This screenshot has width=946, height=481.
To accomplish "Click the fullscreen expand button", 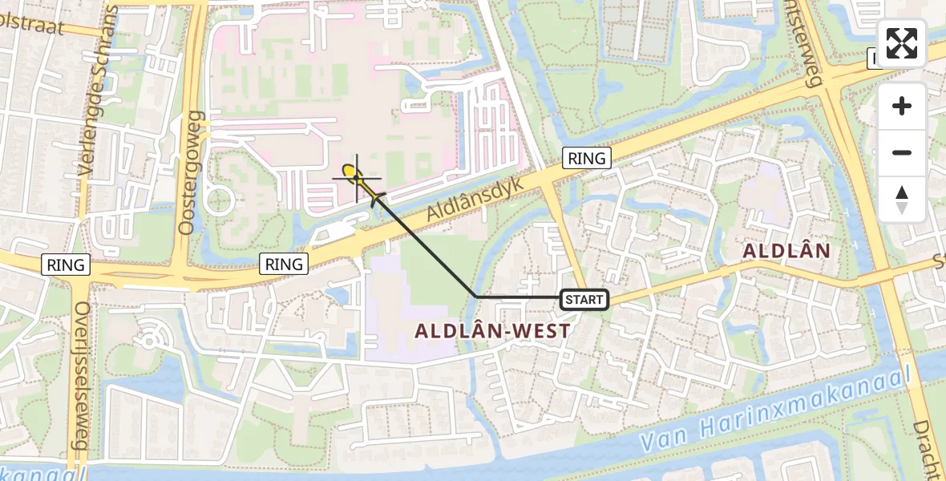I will (x=902, y=42).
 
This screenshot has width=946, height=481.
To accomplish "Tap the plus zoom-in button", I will (x=902, y=106).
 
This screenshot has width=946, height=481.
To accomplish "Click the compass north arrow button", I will (x=902, y=200).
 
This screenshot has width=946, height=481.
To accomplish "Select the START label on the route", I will (x=584, y=300).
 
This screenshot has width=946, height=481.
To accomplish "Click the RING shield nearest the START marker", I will (x=587, y=158).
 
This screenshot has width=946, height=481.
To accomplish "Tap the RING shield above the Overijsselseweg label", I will (x=67, y=265).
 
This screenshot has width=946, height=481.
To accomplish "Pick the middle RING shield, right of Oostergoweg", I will (x=285, y=263).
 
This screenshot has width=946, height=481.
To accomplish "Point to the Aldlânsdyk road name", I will (x=475, y=200).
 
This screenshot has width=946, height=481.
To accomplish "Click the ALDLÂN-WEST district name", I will (x=492, y=330).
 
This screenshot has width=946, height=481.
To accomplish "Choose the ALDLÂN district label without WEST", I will (x=786, y=251).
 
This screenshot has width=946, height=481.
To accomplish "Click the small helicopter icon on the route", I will (x=375, y=196).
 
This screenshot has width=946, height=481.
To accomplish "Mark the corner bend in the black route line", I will (x=476, y=297).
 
